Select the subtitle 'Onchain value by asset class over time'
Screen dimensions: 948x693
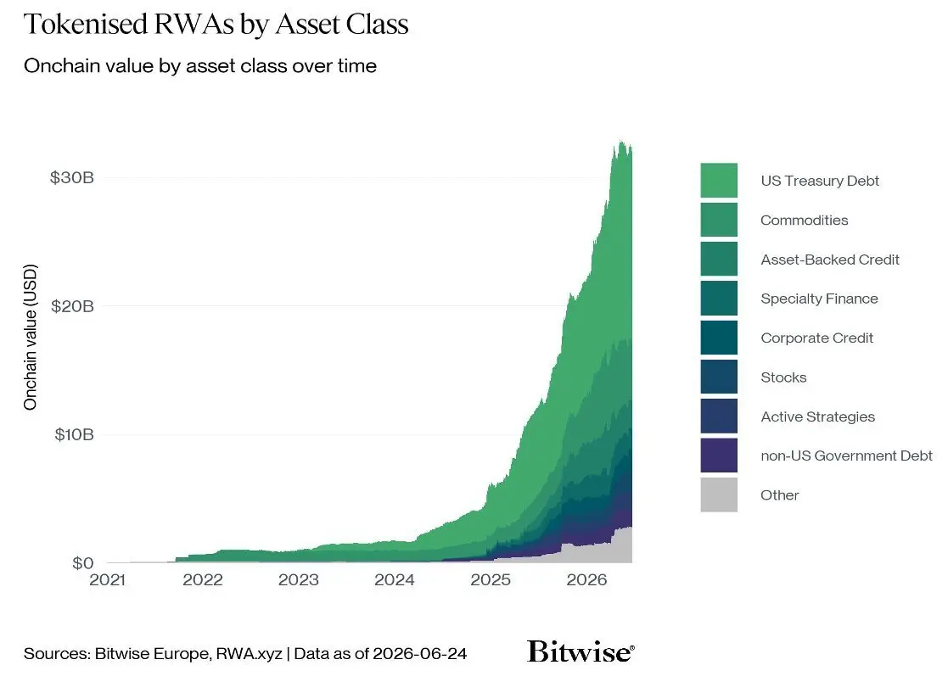pos(200,66)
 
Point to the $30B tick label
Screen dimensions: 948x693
pos(72,177)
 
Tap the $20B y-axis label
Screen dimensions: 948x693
pos(72,306)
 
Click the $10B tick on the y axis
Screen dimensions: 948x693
pos(74,434)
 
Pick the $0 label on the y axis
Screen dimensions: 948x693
pos(83,563)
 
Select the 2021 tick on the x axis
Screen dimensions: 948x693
pos(107,580)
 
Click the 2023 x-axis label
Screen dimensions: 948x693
pos(299,580)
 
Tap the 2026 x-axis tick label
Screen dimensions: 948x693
pos(586,580)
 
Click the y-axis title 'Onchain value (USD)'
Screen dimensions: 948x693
pos(31,337)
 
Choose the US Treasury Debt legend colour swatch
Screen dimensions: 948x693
pos(719,180)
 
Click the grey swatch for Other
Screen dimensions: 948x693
pos(719,495)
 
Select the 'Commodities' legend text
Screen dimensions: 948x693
pos(804,221)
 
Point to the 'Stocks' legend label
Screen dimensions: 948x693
pos(783,377)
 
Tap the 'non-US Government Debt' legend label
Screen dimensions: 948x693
pos(846,455)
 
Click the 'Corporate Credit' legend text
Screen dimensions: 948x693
pos(816,338)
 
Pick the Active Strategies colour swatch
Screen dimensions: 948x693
pos(719,416)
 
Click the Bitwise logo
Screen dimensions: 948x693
pos(581,651)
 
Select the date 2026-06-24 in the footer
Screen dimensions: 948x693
pos(419,654)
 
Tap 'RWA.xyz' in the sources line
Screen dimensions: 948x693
pos(249,654)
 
